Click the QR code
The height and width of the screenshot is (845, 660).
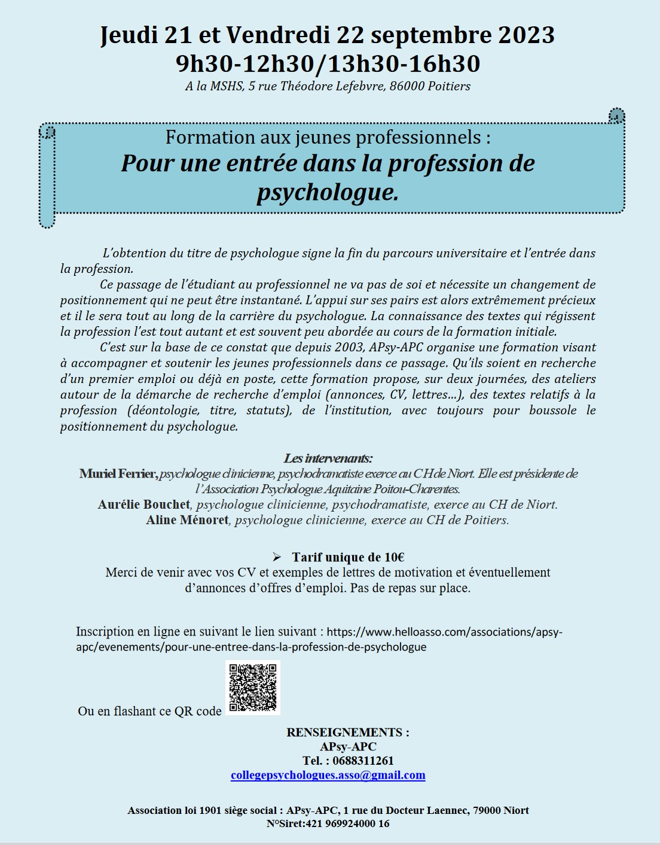pyautogui.click(x=253, y=687)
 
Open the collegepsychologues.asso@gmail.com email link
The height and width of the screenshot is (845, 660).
pyautogui.click(x=328, y=776)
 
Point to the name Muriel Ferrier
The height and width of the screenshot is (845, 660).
pyautogui.click(x=118, y=474)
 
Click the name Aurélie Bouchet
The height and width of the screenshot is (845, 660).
pyautogui.click(x=144, y=504)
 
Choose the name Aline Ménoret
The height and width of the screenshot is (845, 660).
pyautogui.click(x=187, y=520)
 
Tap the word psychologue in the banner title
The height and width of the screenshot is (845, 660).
pyautogui.click(x=327, y=193)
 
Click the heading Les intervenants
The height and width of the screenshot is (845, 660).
pyautogui.click(x=328, y=458)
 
